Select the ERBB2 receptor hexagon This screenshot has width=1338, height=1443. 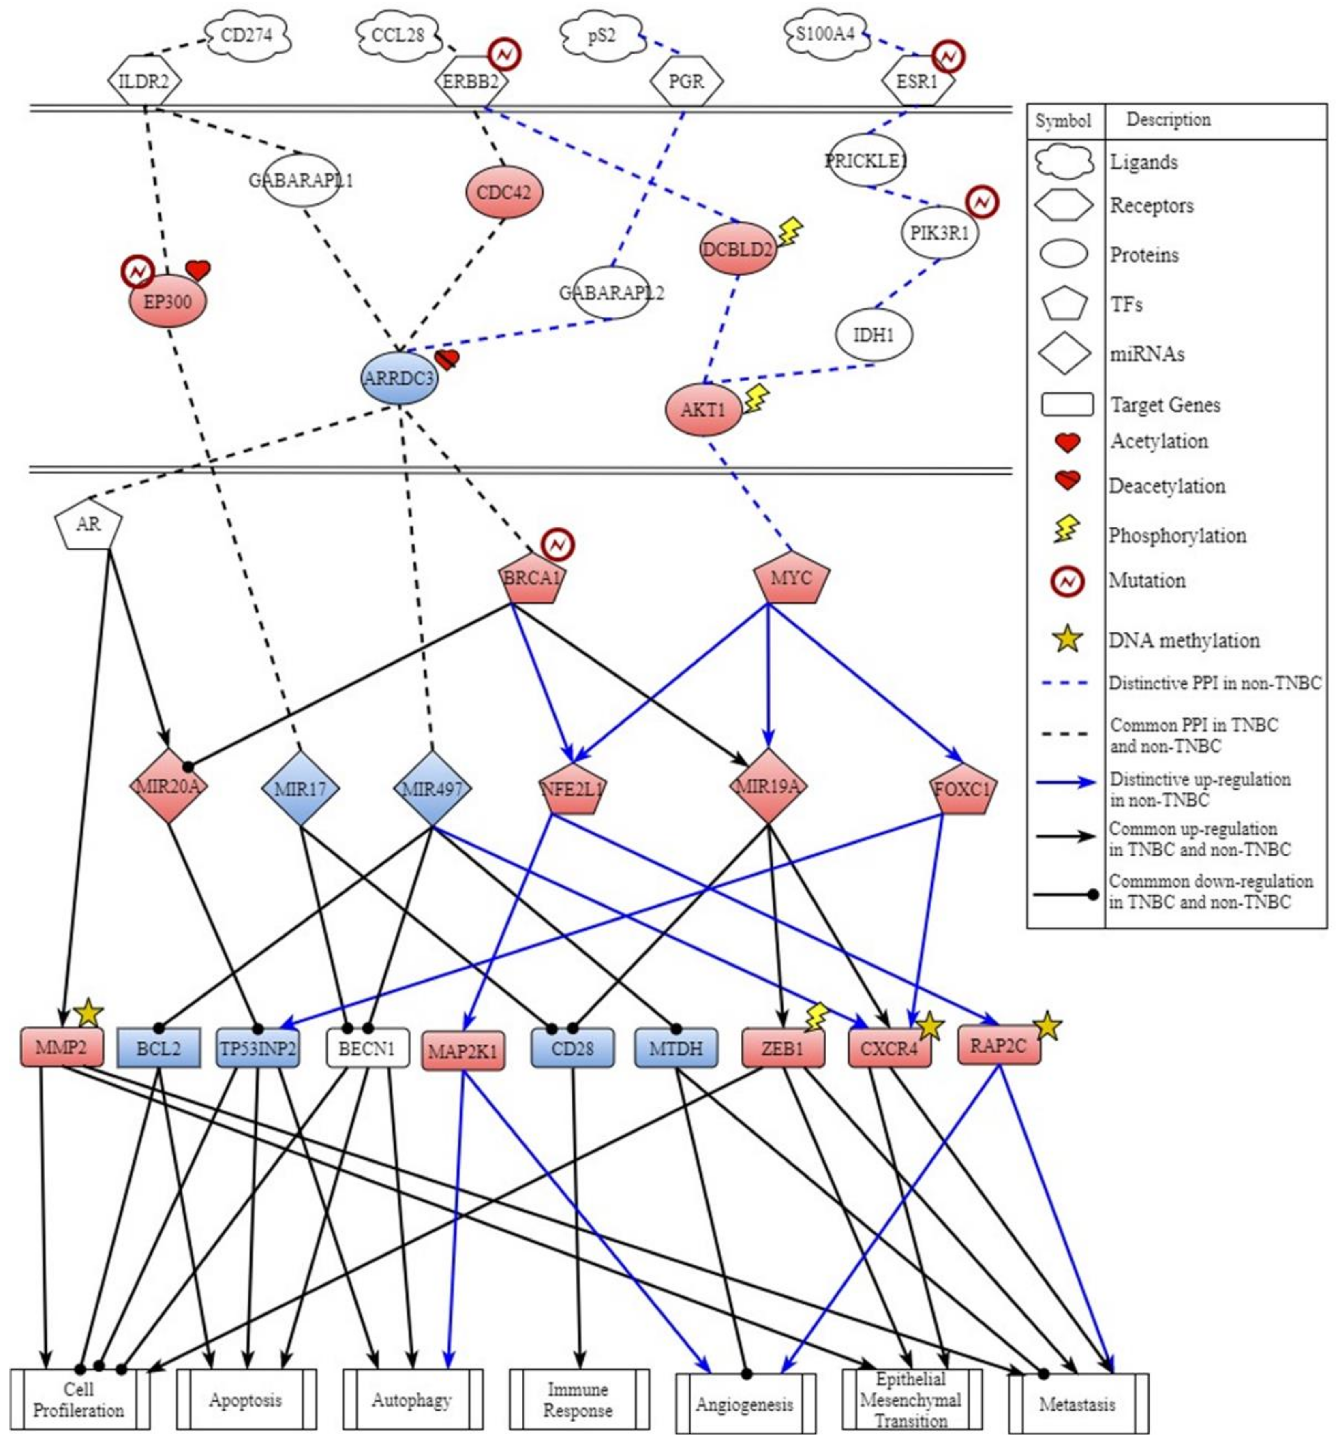coord(471,81)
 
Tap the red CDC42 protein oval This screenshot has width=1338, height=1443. coord(504,193)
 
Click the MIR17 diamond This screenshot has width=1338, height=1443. coord(300,788)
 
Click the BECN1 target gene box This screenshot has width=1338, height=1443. coord(367,1048)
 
